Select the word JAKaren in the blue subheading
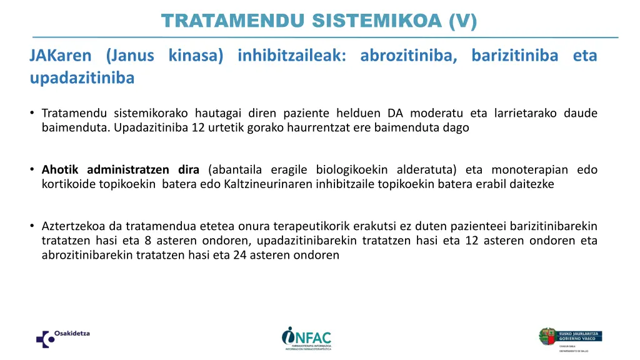pyautogui.click(x=60, y=56)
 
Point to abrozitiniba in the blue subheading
pyautogui.click(x=409, y=56)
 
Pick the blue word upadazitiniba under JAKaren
pyautogui.click(x=82, y=78)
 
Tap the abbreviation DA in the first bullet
pyautogui.click(x=395, y=113)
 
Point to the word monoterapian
pyautogui.click(x=529, y=169)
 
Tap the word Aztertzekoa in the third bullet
pyautogui.click(x=70, y=226)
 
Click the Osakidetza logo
pyautogui.click(x=62, y=337)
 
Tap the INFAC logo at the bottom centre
pyautogui.click(x=307, y=338)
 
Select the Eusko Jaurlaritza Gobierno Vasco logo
pyautogui.click(x=571, y=338)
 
